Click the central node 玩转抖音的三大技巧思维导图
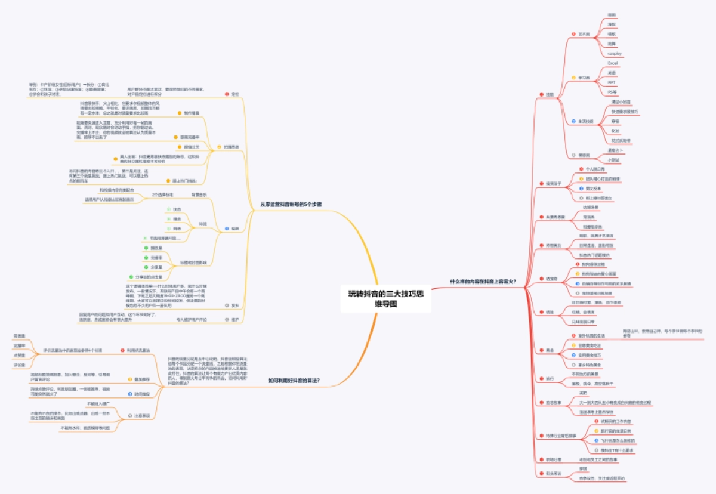(x=381, y=298)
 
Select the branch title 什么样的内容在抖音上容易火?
(x=483, y=281)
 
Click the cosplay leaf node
(x=615, y=54)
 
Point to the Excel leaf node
(x=612, y=63)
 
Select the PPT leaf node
(x=612, y=82)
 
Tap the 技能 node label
(x=549, y=94)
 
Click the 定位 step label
(x=234, y=94)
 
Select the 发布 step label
(x=234, y=305)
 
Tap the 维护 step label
(x=234, y=320)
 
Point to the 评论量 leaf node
(x=19, y=365)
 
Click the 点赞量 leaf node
(x=19, y=355)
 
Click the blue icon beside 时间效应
(x=130, y=394)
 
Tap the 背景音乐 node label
(x=199, y=195)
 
